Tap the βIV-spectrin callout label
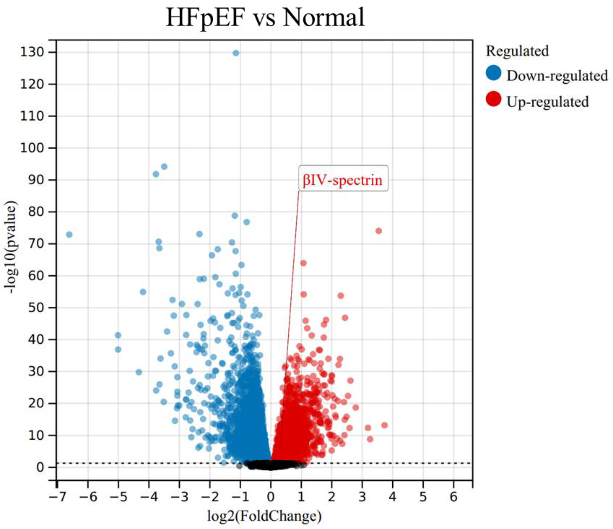pos(343,180)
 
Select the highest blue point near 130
pos(236,53)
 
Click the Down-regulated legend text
pos(557,76)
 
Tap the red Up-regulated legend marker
pos(493,99)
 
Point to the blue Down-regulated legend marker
pos(493,73)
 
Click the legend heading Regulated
pos(517,51)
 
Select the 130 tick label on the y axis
pos(32,52)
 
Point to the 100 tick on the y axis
pos(32,148)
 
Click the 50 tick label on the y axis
pos(36,308)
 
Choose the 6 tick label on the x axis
pos(454,497)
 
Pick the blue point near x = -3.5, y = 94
pos(164,167)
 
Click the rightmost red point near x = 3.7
pos(384,425)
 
